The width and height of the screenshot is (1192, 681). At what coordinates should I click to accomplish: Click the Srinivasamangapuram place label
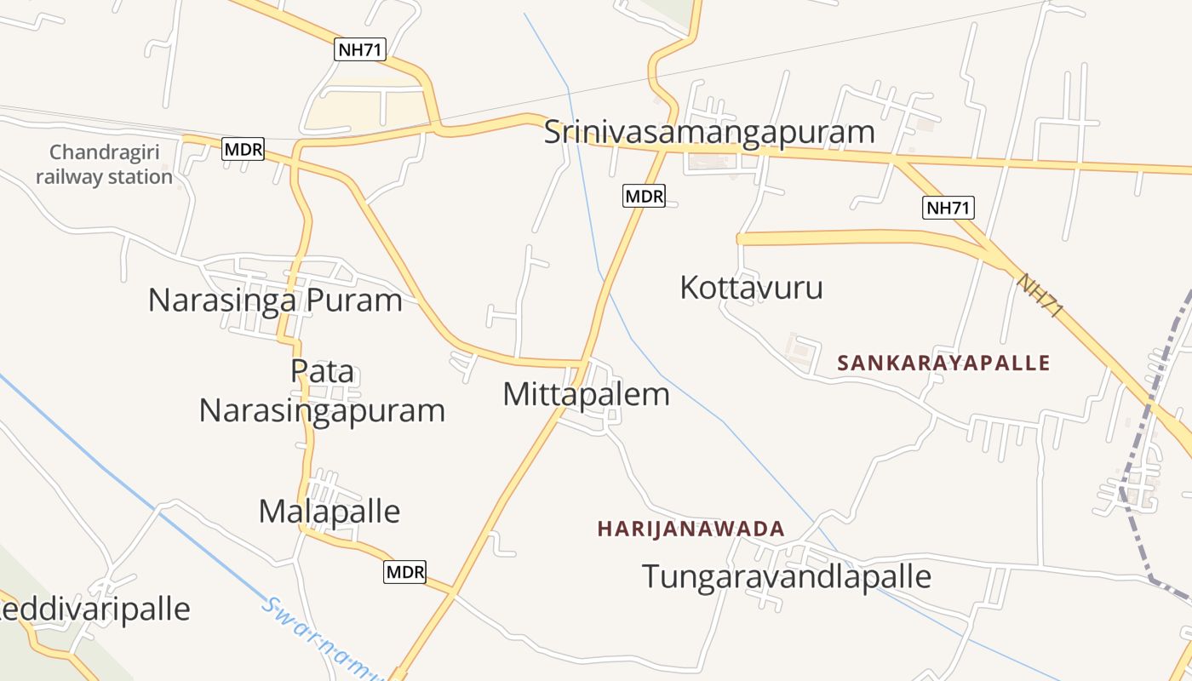pyautogui.click(x=709, y=133)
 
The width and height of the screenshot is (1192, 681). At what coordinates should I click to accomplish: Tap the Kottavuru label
pyautogui.click(x=751, y=288)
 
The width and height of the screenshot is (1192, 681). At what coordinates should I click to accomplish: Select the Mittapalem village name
pyautogui.click(x=586, y=394)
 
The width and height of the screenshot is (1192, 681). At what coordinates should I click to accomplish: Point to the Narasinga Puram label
pyautogui.click(x=275, y=300)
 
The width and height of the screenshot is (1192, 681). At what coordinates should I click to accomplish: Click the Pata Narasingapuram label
pyautogui.click(x=322, y=392)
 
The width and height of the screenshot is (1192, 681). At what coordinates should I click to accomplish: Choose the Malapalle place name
pyautogui.click(x=329, y=511)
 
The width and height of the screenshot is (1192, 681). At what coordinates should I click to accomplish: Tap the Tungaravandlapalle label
pyautogui.click(x=786, y=576)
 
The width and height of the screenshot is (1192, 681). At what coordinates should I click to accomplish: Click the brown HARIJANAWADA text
pyautogui.click(x=691, y=529)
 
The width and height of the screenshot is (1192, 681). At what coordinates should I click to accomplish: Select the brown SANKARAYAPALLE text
pyautogui.click(x=943, y=363)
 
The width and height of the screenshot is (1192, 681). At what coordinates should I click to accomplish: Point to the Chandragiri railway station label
pyautogui.click(x=105, y=165)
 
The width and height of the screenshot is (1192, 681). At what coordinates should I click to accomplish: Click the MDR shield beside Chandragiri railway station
pyautogui.click(x=244, y=150)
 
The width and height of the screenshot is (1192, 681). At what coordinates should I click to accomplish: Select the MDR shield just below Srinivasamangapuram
pyautogui.click(x=644, y=196)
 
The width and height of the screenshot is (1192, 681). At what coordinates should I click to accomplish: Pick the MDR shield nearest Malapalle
pyautogui.click(x=404, y=572)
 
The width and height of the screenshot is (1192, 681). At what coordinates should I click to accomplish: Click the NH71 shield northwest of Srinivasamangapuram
pyautogui.click(x=360, y=49)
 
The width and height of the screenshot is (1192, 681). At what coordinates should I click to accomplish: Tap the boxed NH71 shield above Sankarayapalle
pyautogui.click(x=948, y=207)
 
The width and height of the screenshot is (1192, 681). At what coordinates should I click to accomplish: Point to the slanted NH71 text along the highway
pyautogui.click(x=1040, y=295)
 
